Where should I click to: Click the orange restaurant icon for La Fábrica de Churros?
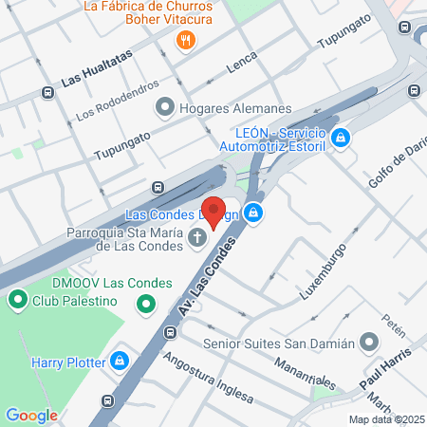click(x=186, y=40)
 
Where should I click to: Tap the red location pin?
click(x=213, y=211)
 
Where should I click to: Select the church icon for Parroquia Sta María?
click(x=197, y=236)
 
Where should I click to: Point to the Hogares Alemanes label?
click(x=234, y=108)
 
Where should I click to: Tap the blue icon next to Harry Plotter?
click(x=120, y=361)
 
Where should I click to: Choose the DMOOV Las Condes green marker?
click(x=145, y=305)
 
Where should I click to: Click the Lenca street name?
click(x=242, y=67)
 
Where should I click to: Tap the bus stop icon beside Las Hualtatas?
click(x=47, y=93)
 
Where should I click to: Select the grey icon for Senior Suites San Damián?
click(x=371, y=343)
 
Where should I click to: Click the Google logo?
click(x=31, y=415)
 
